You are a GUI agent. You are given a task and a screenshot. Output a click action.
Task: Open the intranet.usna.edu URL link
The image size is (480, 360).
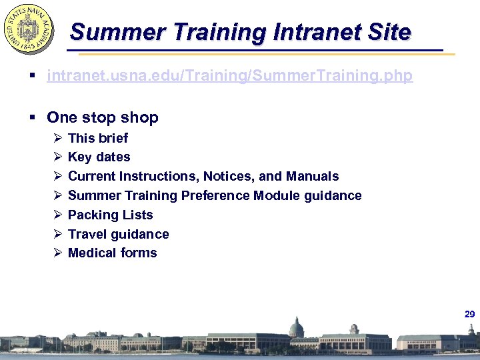229,76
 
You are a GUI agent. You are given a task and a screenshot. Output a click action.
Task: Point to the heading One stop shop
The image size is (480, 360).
103,117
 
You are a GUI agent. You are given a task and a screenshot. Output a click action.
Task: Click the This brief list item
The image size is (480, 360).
98,138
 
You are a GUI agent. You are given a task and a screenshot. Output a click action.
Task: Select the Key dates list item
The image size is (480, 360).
99,157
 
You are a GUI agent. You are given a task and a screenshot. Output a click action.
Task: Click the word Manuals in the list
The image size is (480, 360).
312,177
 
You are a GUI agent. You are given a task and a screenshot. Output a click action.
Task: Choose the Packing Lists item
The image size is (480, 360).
111,215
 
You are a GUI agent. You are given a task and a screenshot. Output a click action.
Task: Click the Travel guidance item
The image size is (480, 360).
119,235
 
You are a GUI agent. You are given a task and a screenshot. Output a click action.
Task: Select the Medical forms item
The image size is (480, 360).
113,253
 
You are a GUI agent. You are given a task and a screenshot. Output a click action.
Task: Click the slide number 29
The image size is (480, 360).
469,314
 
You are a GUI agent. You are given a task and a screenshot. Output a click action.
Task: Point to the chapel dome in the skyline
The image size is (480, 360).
296,327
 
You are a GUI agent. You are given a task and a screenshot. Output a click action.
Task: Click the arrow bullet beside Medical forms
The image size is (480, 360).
57,253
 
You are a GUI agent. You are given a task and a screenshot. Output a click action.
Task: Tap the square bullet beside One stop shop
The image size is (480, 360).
33,118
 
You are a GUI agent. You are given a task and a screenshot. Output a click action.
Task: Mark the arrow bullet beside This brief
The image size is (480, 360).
57,138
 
